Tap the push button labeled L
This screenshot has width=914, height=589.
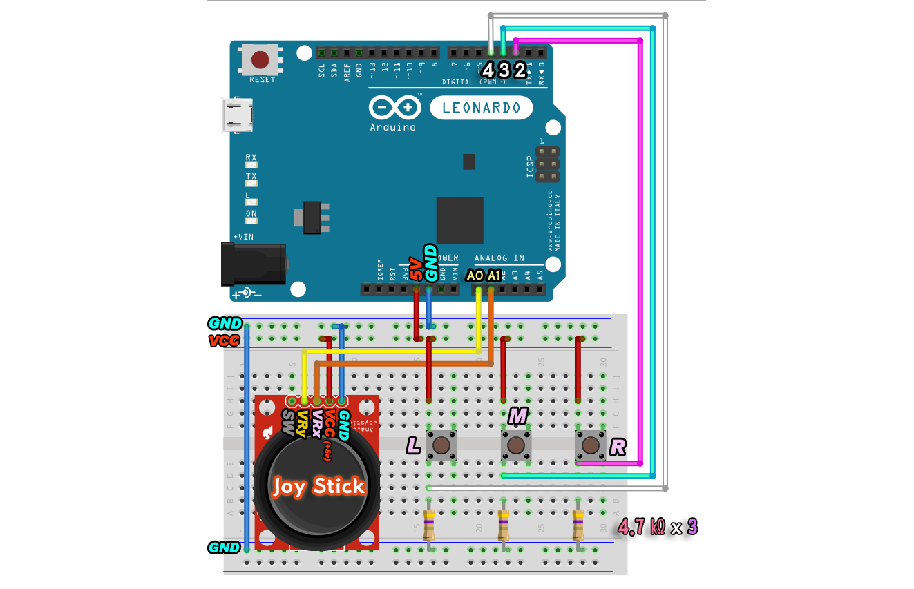tap(441, 445)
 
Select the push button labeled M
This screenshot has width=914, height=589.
tap(515, 445)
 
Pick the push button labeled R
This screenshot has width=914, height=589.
tap(590, 445)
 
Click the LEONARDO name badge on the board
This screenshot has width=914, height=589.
tap(481, 108)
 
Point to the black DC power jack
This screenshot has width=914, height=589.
tap(251, 263)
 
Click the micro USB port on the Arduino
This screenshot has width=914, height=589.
tap(236, 115)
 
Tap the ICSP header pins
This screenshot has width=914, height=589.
tap(547, 164)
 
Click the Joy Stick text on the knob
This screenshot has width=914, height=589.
tap(318, 486)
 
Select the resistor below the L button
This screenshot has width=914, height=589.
tap(429, 525)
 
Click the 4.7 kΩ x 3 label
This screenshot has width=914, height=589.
tap(657, 527)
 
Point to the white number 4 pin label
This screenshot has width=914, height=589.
tap(488, 70)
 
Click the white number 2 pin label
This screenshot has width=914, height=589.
tap(520, 70)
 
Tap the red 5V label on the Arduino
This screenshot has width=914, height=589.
tap(416, 269)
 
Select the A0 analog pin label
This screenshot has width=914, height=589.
tap(475, 276)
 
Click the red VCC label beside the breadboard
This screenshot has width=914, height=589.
tap(224, 340)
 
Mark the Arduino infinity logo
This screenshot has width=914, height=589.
tap(394, 108)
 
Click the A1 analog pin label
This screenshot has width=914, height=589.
tap(493, 276)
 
